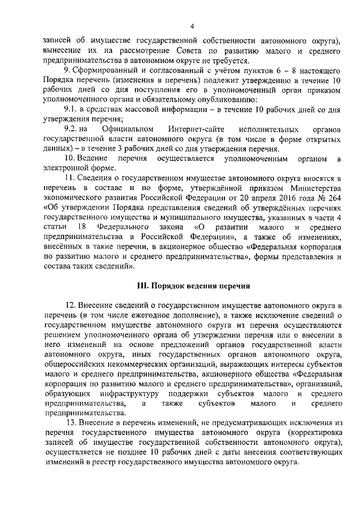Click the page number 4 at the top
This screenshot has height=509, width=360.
click(x=192, y=26)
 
